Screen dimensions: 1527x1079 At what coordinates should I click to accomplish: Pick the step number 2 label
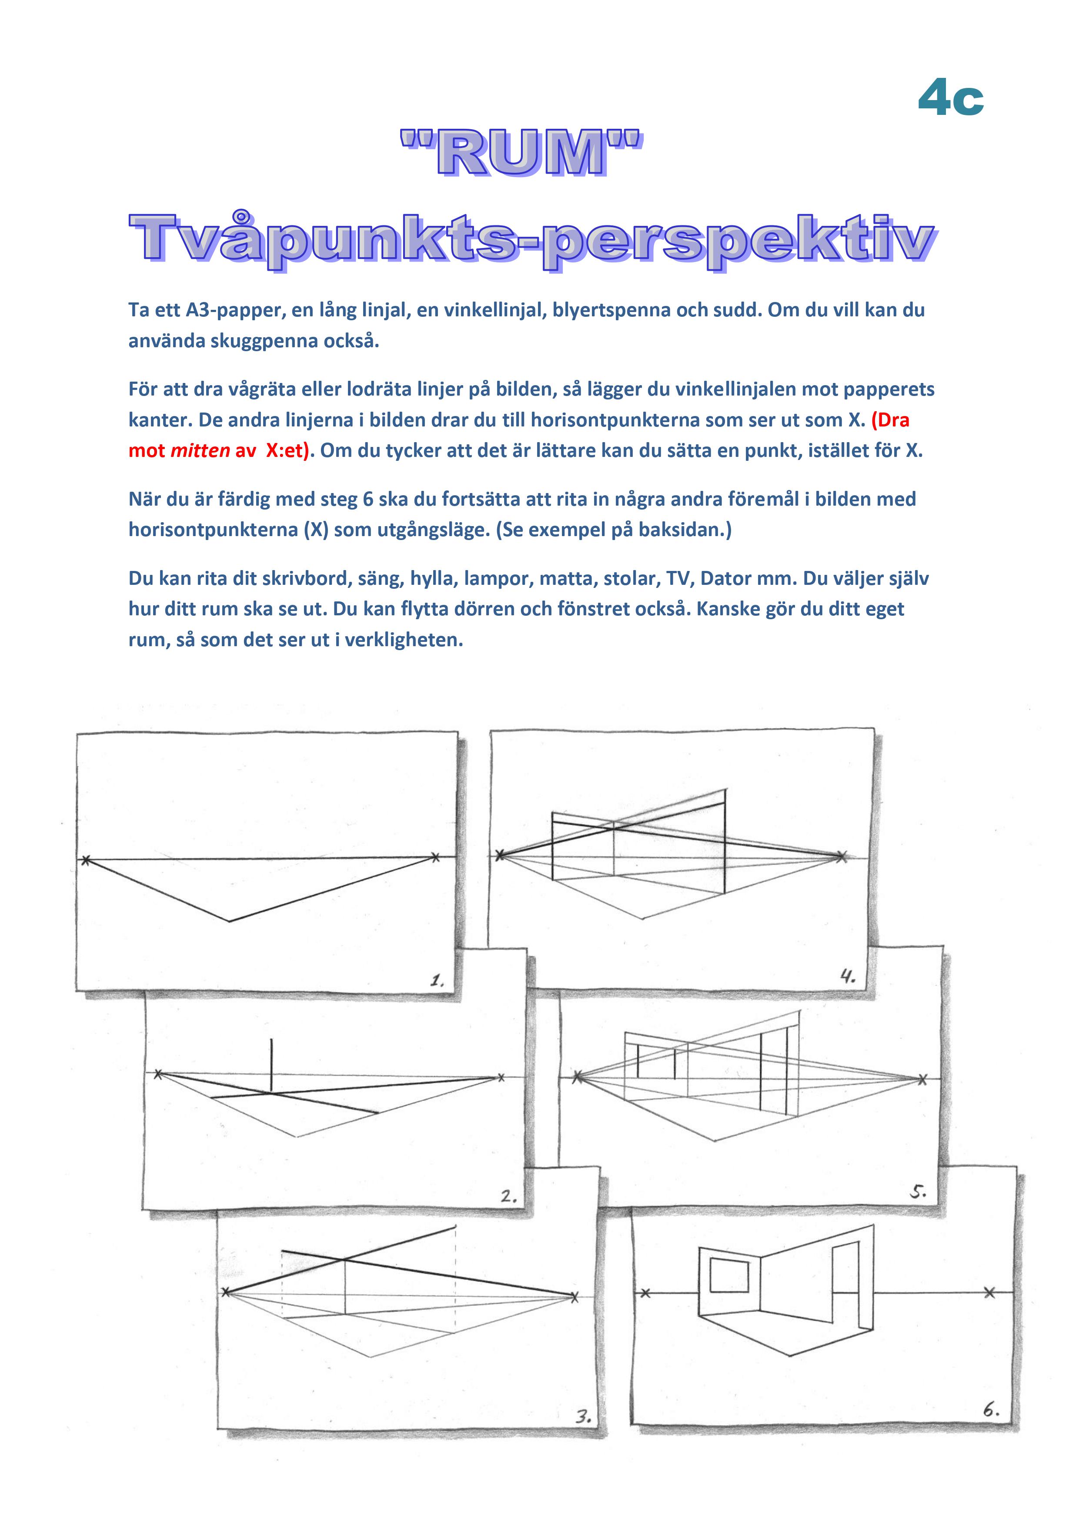coord(508,1196)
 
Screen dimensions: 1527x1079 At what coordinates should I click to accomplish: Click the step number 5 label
coord(918,1192)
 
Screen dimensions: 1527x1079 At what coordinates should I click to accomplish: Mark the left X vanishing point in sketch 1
coord(85,860)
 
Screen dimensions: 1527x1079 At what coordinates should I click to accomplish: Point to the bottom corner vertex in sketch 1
coord(229,921)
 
